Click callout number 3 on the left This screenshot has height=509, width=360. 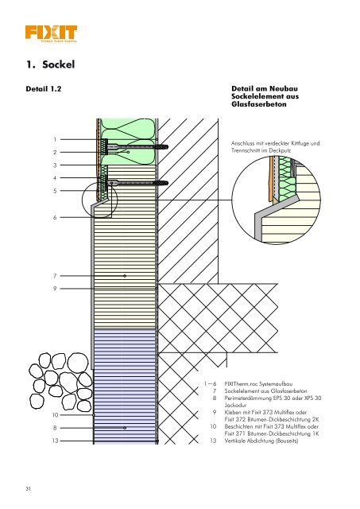point(55,165)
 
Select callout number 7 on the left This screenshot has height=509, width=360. point(55,274)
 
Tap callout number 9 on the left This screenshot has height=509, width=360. point(55,288)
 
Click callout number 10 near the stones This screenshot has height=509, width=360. point(54,414)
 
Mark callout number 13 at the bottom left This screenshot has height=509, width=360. point(54,440)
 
